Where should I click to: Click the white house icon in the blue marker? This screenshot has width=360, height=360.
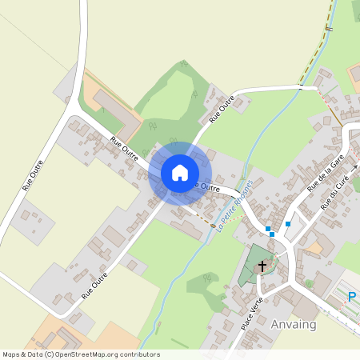coord(180,173)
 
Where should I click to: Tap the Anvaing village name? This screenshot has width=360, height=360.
coord(294,325)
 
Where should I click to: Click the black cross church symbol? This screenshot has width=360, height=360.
coord(262,265)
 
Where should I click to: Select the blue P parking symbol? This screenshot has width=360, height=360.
coord(352,298)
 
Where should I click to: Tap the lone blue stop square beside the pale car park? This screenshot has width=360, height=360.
coord(287,223)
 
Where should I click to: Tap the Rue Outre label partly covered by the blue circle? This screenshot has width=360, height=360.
coord(205,186)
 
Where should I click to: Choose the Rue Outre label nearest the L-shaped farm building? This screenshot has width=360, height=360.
coord(124,149)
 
